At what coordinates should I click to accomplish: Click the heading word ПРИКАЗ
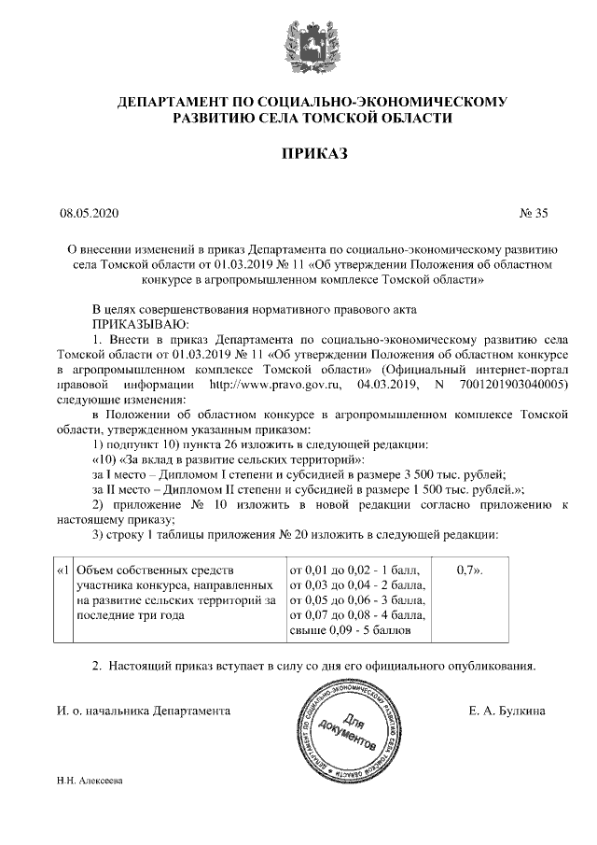298,153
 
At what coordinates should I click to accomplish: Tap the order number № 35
534,214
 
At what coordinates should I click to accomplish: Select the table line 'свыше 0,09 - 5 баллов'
351,632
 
